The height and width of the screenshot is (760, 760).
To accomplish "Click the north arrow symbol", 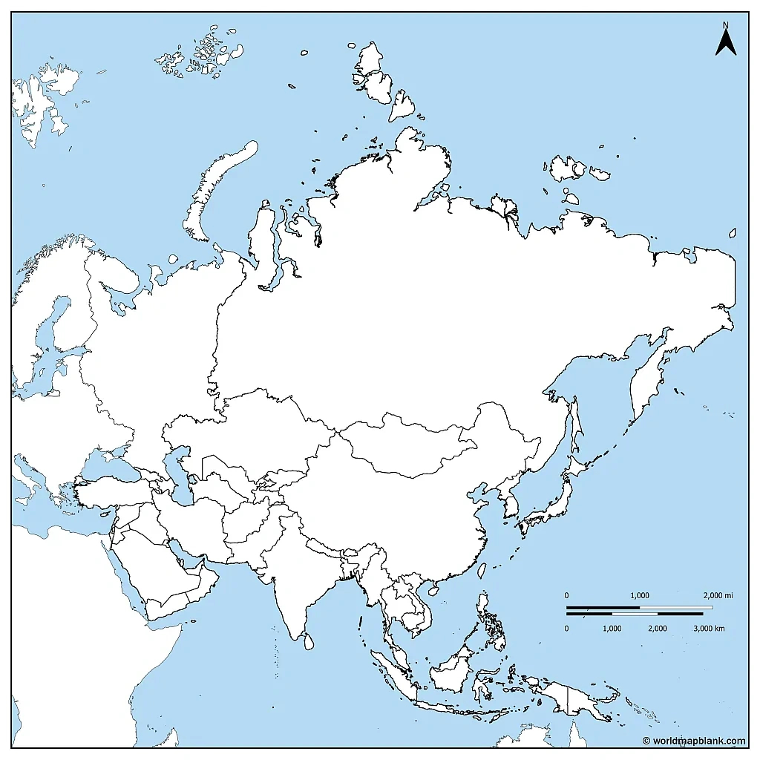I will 725,42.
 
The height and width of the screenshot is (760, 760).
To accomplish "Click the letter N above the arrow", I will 725,24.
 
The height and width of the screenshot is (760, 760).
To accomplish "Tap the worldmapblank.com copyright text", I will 694,740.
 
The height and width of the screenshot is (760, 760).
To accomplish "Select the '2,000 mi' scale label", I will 718,596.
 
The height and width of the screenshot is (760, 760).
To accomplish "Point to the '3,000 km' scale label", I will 709,629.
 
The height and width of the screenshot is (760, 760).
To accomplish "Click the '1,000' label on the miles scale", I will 640,596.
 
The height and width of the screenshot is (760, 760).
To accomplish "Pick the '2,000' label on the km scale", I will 657,629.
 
